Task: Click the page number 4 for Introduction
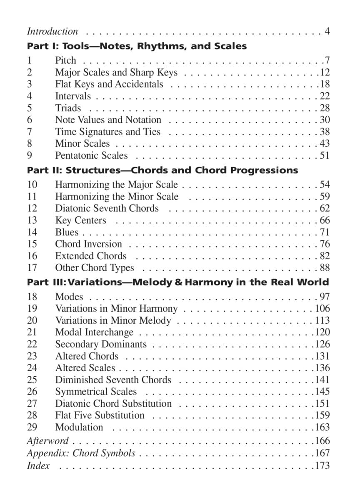pyautogui.click(x=327, y=31)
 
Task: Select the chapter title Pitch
pyautogui.click(x=66, y=60)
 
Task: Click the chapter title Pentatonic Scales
pyautogui.click(x=92, y=155)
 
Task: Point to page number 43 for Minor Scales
pyautogui.click(x=325, y=143)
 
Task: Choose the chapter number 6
pyautogui.click(x=30, y=120)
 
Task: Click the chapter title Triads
pyautogui.click(x=68, y=108)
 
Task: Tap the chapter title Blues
pyautogui.click(x=67, y=232)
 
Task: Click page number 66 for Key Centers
pyautogui.click(x=325, y=220)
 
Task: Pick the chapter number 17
pyautogui.click(x=32, y=267)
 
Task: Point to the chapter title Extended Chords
pyautogui.click(x=91, y=256)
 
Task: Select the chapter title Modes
pyautogui.click(x=69, y=297)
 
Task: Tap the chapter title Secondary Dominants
pyautogui.click(x=101, y=344)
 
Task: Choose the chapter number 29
pyautogui.click(x=32, y=427)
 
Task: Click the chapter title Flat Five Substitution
pyautogui.click(x=100, y=415)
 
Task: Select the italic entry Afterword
pyautogui.click(x=47, y=441)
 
